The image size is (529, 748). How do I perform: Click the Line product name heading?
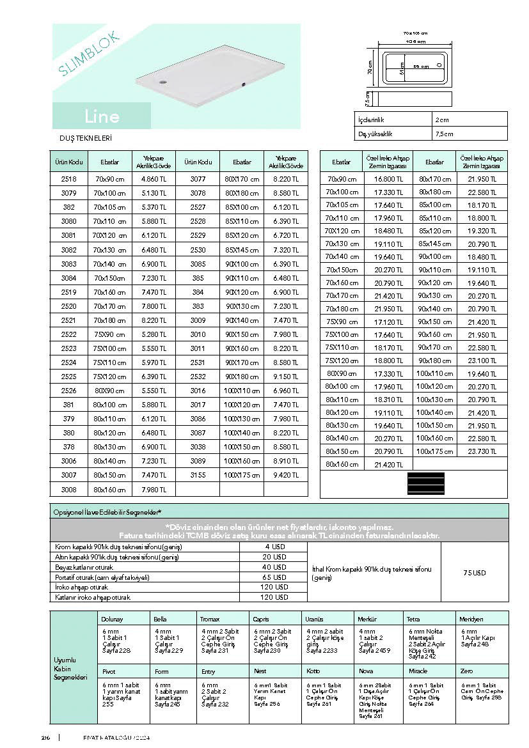pos(101,116)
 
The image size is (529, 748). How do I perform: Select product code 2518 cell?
pos(68,179)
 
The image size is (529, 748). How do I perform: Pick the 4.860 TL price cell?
pos(154,179)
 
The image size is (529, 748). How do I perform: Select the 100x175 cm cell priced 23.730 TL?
pos(434,451)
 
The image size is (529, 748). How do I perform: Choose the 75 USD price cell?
pos(474,573)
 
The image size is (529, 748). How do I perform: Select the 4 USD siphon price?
pos(276,547)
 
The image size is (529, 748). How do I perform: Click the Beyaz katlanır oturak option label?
pos(85,567)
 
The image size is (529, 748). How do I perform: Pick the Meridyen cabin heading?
pos(472,619)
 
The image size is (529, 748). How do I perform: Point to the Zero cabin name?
pos(466,671)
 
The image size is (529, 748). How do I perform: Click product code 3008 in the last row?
pos(68,490)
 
